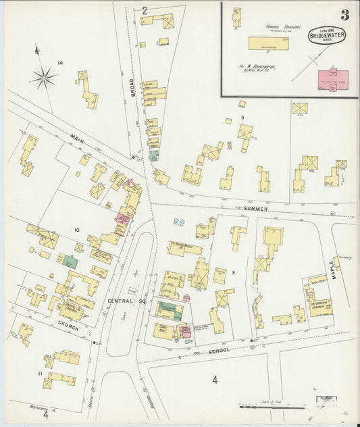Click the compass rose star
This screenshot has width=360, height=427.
point(44,79)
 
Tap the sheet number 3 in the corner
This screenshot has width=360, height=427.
point(344,15)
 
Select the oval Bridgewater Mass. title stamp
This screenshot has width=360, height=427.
point(328,34)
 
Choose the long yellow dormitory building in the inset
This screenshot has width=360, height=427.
point(268,43)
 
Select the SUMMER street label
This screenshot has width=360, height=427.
point(256,209)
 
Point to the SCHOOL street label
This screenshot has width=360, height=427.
point(218,350)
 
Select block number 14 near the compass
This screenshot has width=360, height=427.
point(60,63)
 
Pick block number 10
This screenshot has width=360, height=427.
point(76,230)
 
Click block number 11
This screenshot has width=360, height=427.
point(40,373)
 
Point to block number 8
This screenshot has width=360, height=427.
point(233,272)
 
